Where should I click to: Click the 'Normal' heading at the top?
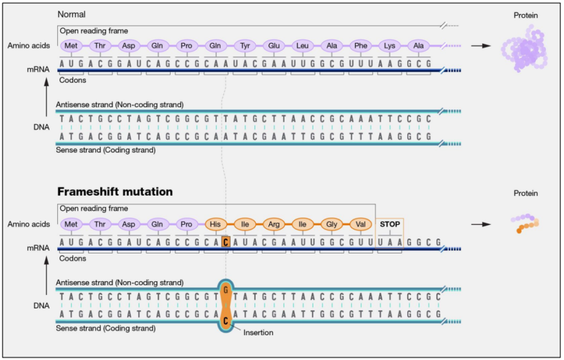click(x=72, y=14)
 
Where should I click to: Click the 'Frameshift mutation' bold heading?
click(x=115, y=192)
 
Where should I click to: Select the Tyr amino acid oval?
click(x=244, y=46)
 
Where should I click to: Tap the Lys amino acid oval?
click(x=390, y=46)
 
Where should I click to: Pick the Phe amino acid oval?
click(x=361, y=46)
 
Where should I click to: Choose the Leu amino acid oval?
click(x=302, y=46)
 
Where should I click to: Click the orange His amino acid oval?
click(x=215, y=225)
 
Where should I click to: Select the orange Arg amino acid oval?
click(x=273, y=225)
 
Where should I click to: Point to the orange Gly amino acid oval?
click(x=332, y=225)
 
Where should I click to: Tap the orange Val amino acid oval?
click(x=360, y=225)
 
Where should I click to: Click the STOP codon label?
click(x=390, y=225)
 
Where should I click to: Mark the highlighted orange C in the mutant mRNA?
click(x=225, y=242)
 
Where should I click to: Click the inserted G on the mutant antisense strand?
click(x=225, y=289)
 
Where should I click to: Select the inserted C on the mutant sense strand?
click(x=225, y=321)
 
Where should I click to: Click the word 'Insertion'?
click(x=258, y=332)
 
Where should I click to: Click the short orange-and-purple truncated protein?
click(x=525, y=222)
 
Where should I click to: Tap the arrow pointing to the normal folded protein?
click(x=481, y=46)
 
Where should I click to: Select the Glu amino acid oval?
click(x=273, y=46)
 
